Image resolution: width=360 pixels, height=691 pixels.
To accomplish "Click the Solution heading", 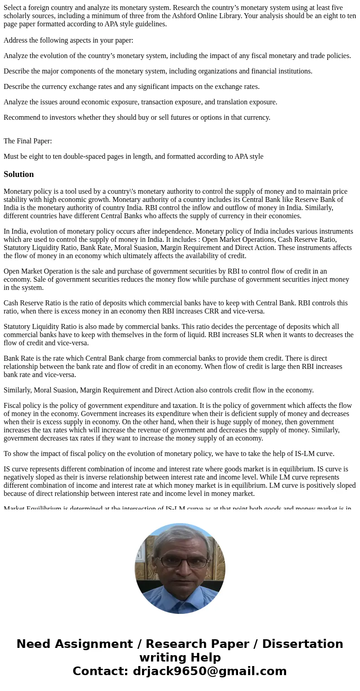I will [x=19, y=174].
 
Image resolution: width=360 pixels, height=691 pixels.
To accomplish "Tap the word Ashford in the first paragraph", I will [x=254, y=16].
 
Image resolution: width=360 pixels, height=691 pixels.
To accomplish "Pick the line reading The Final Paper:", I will [x=28, y=141].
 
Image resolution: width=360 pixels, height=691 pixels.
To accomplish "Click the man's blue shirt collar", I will [x=180, y=590].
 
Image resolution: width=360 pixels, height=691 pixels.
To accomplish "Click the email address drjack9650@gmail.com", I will [x=209, y=671].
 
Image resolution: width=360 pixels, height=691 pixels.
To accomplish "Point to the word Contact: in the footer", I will [x=101, y=671].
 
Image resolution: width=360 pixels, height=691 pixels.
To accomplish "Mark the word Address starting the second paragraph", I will [x=16, y=40].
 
